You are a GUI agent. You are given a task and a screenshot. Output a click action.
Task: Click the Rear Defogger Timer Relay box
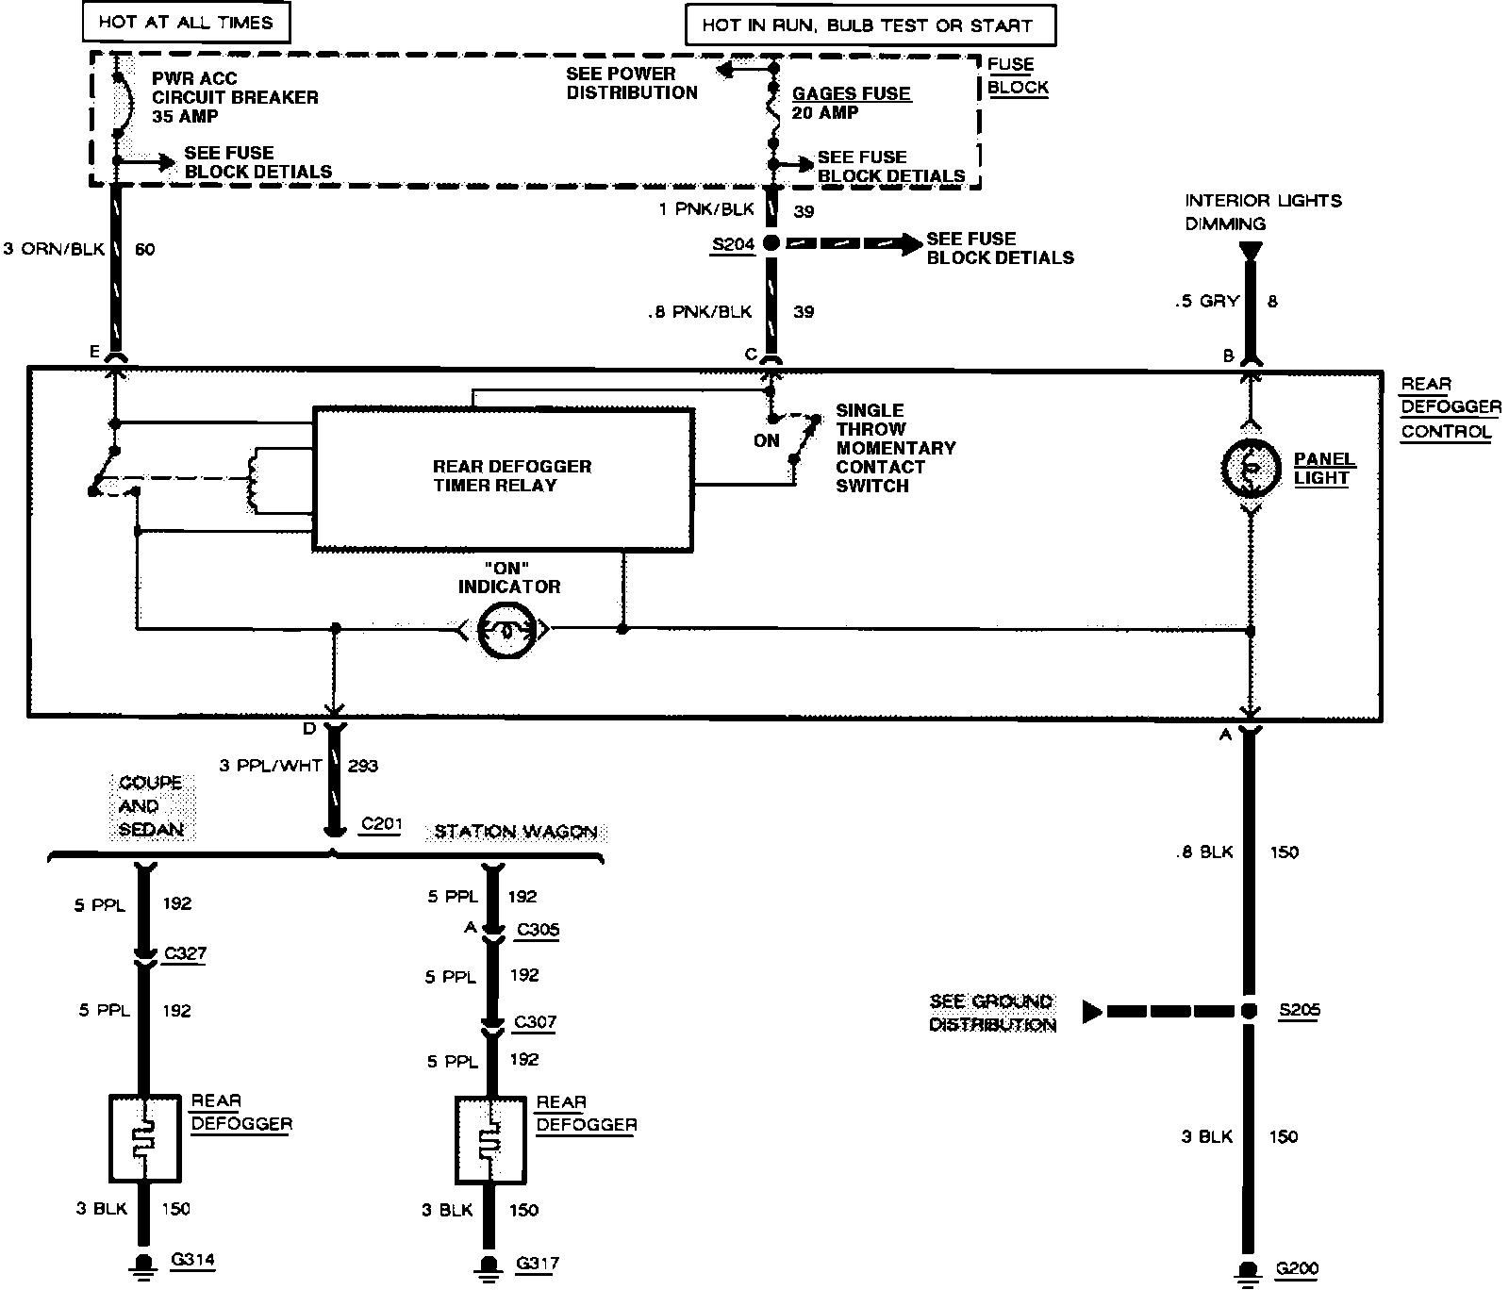point(503,478)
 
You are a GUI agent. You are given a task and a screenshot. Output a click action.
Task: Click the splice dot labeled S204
point(771,244)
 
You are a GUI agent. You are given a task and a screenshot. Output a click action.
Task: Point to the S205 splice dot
point(1249,1011)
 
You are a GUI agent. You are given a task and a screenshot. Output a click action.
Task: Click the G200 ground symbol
point(1249,1269)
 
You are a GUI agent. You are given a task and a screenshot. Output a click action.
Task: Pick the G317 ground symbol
point(489,1264)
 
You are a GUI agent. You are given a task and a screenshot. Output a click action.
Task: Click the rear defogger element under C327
point(144,1137)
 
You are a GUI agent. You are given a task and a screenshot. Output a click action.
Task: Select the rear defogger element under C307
point(489,1139)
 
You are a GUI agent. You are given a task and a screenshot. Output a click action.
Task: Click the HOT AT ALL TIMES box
point(185,22)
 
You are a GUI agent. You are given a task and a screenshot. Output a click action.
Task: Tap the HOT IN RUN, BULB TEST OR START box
point(868,25)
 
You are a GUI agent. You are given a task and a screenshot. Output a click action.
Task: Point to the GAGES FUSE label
point(851,93)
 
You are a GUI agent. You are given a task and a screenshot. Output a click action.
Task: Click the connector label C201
point(382,824)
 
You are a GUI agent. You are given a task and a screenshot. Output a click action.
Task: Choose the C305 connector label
point(538,930)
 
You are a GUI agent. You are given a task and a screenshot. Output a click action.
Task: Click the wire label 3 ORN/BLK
point(54,250)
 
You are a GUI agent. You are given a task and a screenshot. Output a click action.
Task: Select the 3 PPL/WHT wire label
point(271,766)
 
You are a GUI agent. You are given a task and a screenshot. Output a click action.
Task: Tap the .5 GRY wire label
point(1207,302)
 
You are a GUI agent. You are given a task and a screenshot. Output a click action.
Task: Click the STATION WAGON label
point(515,832)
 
